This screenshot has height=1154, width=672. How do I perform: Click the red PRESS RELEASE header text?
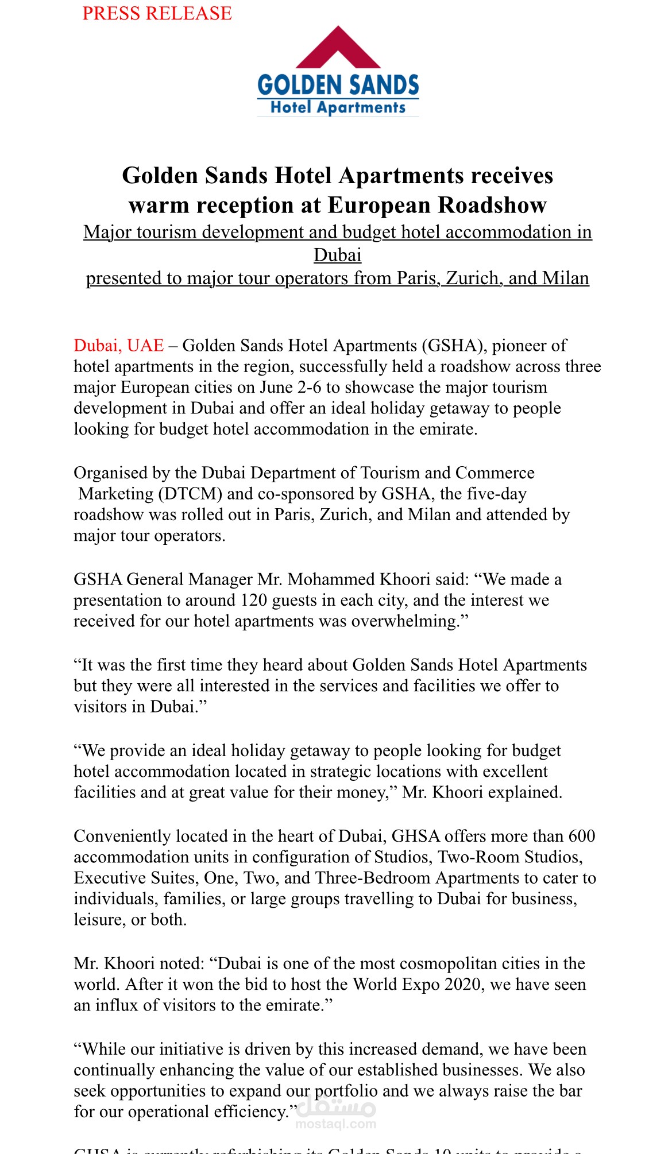pyautogui.click(x=157, y=13)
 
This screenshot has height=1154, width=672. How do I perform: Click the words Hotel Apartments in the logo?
pyautogui.click(x=338, y=107)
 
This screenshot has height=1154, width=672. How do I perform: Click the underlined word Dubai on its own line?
pyautogui.click(x=338, y=255)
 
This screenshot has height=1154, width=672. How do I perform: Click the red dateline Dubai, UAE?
pyautogui.click(x=119, y=346)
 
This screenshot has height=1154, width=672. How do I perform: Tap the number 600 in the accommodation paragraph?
pyautogui.click(x=582, y=836)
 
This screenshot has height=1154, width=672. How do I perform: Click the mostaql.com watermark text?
pyautogui.click(x=336, y=1124)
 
